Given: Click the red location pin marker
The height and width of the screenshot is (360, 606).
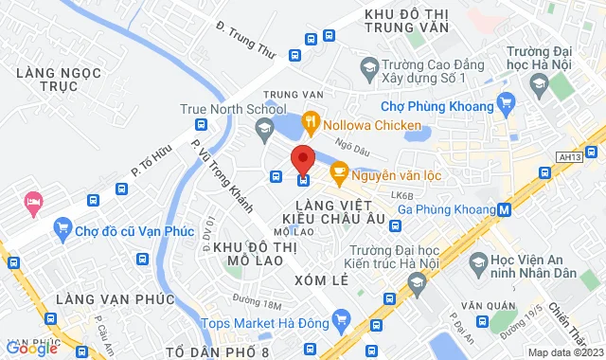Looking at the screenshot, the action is pos(302,157).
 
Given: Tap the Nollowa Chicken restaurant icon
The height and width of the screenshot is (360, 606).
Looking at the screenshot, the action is pos(309,121).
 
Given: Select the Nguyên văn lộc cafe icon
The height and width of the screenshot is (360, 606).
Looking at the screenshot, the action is pos(337,174).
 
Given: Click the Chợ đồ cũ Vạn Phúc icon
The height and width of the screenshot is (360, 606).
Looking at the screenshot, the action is pos(62,226).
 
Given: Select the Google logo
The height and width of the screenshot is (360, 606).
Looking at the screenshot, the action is pos(30,348).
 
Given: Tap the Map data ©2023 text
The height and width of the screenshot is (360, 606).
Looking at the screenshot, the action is pos(565,352).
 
